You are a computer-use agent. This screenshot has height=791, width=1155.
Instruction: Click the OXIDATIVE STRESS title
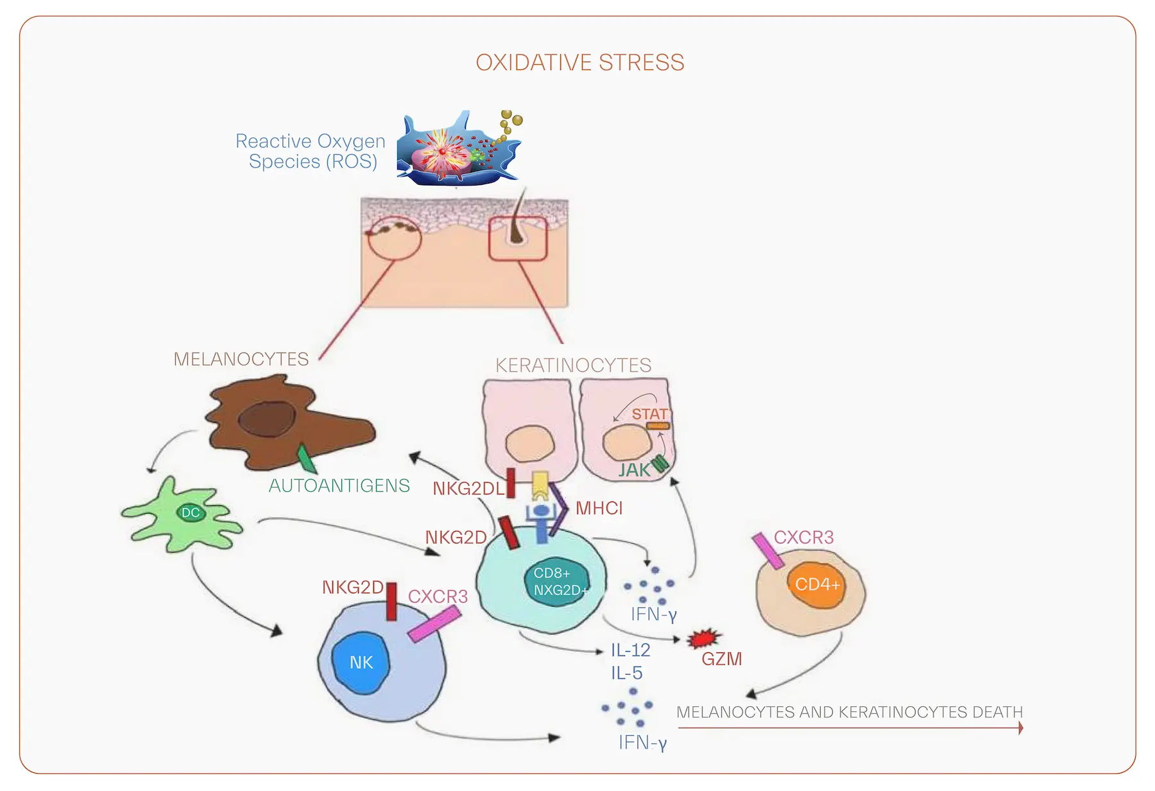[579, 63]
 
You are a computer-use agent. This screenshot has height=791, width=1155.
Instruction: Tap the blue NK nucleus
[361, 663]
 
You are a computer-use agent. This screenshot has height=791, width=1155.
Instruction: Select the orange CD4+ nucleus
[816, 584]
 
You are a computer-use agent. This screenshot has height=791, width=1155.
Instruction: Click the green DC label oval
[191, 512]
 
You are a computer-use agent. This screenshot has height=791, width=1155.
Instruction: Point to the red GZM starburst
[704, 638]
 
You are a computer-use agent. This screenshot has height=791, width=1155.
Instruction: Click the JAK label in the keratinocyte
[634, 471]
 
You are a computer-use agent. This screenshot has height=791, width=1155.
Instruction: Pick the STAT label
[649, 414]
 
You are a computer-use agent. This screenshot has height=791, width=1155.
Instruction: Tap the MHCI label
[599, 509]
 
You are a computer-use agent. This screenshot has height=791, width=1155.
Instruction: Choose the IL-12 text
[630, 650]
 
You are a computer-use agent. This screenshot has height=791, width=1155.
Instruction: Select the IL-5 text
[626, 673]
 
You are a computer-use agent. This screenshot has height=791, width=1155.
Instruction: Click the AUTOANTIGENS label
[339, 486]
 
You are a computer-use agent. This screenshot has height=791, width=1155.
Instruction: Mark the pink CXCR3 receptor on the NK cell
[434, 624]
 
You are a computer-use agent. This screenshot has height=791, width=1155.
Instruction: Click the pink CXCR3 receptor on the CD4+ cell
[767, 551]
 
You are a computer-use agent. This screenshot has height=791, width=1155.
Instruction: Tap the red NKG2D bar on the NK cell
[391, 602]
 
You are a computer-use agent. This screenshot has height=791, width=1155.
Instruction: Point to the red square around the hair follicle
[518, 239]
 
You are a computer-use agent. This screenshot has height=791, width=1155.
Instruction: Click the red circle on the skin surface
[394, 238]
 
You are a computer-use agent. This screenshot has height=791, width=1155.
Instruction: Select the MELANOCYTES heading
[241, 359]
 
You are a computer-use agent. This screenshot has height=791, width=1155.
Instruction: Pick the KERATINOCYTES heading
[573, 365]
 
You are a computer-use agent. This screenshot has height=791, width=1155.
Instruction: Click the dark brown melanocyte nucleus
[267, 421]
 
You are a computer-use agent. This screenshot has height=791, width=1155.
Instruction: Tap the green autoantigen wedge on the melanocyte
[306, 459]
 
